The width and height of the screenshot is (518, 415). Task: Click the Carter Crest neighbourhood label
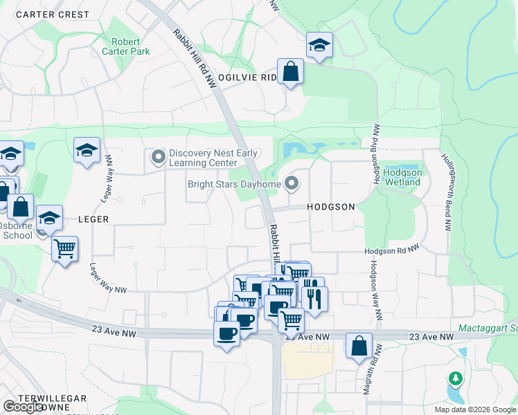pyautogui.click(x=53, y=15)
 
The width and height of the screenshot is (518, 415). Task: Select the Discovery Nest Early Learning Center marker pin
pyautogui.click(x=159, y=158)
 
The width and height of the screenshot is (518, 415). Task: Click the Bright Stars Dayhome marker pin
pyautogui.click(x=292, y=184)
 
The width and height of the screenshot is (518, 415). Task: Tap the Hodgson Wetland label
pyautogui.click(x=402, y=177)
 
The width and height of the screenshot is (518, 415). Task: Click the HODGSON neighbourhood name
pyautogui.click(x=331, y=207)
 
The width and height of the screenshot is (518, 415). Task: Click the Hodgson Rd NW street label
pyautogui.click(x=393, y=251)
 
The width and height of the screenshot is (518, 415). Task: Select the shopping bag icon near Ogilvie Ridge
pyautogui.click(x=291, y=71)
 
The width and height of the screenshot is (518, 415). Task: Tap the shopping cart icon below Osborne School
pyautogui.click(x=64, y=248)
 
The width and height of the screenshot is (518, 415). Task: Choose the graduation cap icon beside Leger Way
pyautogui.click(x=87, y=150)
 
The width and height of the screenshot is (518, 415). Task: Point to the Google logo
pyautogui.click(x=23, y=406)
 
